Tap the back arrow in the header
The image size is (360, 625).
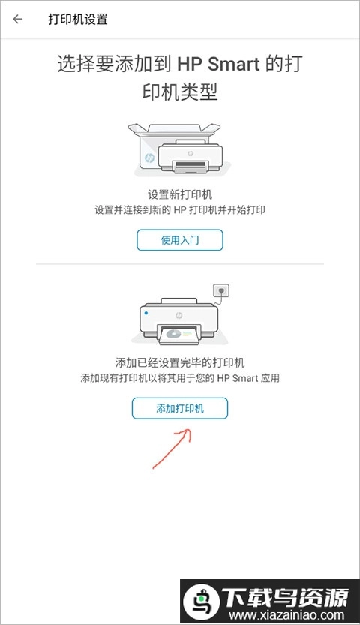(17, 20)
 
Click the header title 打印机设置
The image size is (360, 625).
(78, 20)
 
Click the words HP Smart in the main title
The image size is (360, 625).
(218, 65)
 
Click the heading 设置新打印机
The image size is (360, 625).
(180, 194)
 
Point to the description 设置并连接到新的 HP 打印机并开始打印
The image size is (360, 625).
(180, 209)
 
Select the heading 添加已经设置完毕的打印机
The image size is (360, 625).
(180, 362)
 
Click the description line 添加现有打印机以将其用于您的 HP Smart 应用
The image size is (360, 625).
(180, 378)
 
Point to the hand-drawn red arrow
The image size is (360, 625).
(172, 448)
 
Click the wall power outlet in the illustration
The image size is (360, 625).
(221, 291)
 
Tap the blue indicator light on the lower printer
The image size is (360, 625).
(146, 314)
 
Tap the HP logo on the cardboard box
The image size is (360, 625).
(149, 158)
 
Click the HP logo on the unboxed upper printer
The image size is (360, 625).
(190, 154)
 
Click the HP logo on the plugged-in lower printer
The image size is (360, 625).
(178, 316)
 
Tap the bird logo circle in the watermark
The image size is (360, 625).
(201, 602)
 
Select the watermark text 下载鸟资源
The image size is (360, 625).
(285, 597)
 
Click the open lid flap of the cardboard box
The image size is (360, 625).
(174, 128)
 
